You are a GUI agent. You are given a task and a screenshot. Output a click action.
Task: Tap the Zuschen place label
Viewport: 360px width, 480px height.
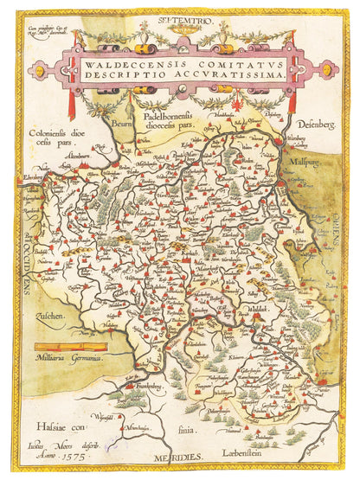[50, 317]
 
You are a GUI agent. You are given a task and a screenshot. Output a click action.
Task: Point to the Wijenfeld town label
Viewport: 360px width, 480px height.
[104, 419]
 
